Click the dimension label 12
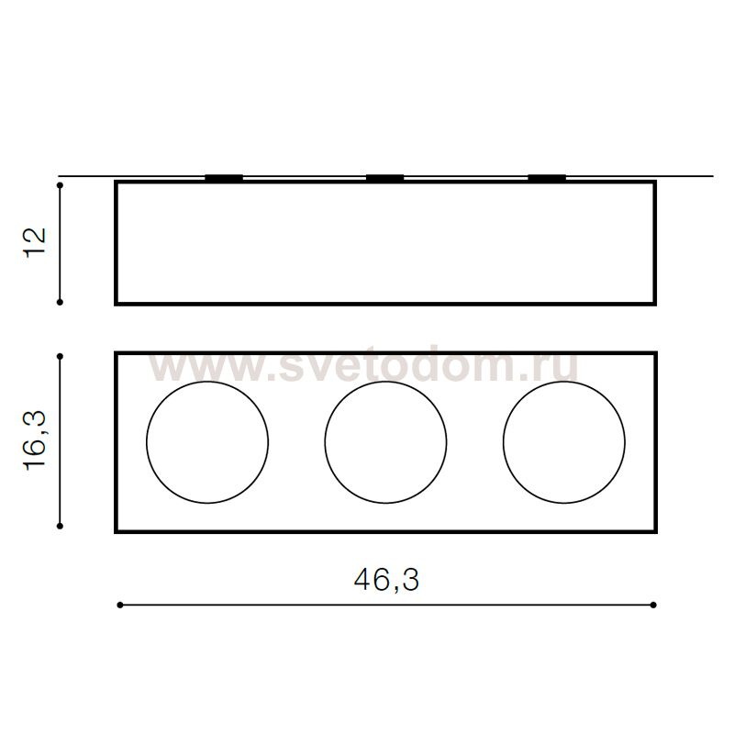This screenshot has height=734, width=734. [35, 241]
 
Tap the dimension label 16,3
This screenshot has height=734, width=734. [35, 440]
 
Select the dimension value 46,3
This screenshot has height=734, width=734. [386, 581]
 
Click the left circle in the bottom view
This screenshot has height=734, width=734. [147, 442]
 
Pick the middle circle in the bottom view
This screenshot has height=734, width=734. [325, 442]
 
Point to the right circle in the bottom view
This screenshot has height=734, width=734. [503, 442]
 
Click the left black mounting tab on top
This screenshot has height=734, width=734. [224, 178]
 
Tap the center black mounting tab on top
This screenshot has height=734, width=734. [384, 178]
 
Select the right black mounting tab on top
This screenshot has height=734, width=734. [547, 178]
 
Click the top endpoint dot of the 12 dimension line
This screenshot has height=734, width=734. [60, 185]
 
